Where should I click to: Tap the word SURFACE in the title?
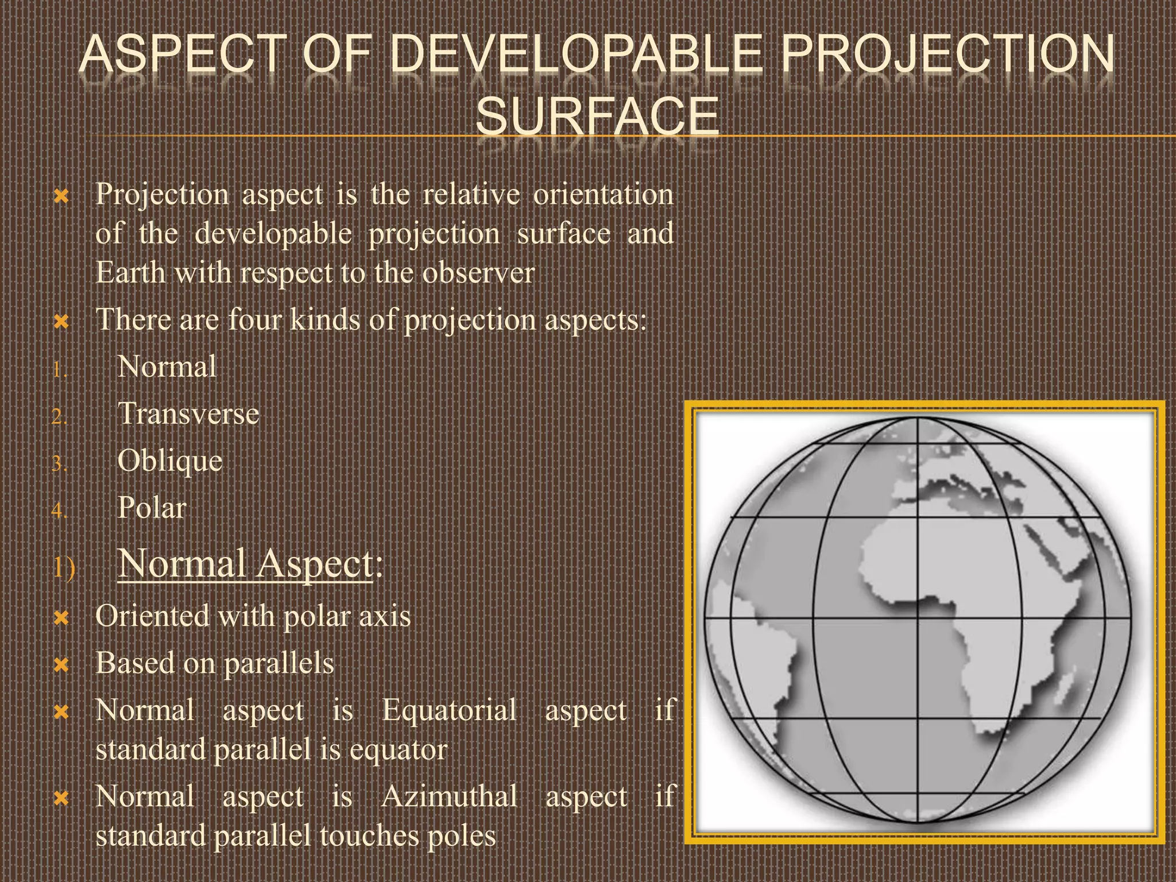(x=597, y=115)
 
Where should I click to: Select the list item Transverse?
(x=188, y=414)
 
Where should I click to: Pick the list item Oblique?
(x=170, y=461)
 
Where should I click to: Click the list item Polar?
(x=152, y=508)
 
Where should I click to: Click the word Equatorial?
(x=450, y=710)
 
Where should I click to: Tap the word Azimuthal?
(x=450, y=797)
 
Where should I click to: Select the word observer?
(x=478, y=273)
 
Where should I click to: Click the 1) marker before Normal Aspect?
(x=64, y=568)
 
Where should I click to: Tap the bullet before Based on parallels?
(x=61, y=666)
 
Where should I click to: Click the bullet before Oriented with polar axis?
(x=61, y=618)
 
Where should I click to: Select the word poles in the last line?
(x=462, y=836)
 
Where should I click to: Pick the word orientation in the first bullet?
(x=603, y=195)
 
